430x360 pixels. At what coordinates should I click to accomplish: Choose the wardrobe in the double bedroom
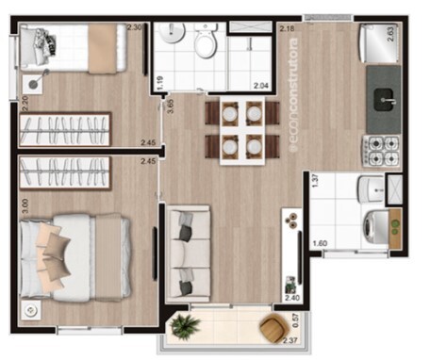(64, 172)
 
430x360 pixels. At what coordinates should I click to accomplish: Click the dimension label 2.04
(260, 87)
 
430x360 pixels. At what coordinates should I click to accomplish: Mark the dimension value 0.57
(295, 319)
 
